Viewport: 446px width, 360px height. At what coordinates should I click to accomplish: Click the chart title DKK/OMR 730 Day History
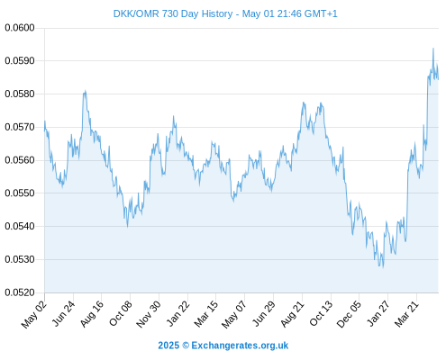pyautogui.click(x=173, y=13)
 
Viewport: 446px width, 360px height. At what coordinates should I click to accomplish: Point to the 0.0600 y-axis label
pyautogui.click(x=20, y=28)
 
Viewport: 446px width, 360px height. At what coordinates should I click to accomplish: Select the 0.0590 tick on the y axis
pyautogui.click(x=20, y=61)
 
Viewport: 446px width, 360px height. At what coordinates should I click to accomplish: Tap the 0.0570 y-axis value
pyautogui.click(x=20, y=127)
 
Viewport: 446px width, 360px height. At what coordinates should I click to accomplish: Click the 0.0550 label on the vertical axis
pyautogui.click(x=20, y=193)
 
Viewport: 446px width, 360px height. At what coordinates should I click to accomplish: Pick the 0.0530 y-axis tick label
pyautogui.click(x=20, y=259)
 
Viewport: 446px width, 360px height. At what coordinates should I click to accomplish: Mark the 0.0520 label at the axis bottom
pyautogui.click(x=20, y=292)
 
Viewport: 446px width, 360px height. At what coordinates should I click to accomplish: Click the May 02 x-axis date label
pyautogui.click(x=34, y=314)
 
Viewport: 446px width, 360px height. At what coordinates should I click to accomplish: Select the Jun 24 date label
pyautogui.click(x=63, y=313)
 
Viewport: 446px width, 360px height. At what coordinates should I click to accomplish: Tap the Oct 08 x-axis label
pyautogui.click(x=121, y=313)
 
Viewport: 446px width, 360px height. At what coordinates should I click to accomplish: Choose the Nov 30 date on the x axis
pyautogui.click(x=149, y=314)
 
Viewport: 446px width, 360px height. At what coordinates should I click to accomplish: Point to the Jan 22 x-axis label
pyautogui.click(x=178, y=313)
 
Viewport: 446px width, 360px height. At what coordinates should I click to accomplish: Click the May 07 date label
pyautogui.click(x=234, y=314)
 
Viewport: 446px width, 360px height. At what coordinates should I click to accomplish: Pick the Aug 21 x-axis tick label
pyautogui.click(x=292, y=314)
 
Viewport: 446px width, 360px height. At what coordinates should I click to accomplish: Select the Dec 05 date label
pyautogui.click(x=349, y=314)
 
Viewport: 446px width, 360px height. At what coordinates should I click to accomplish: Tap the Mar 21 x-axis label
pyautogui.click(x=406, y=314)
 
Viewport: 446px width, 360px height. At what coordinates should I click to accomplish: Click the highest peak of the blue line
pyautogui.click(x=433, y=49)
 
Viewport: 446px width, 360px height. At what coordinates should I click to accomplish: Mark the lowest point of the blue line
pyautogui.click(x=383, y=267)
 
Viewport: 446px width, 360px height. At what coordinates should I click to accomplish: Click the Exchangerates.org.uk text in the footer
pyautogui.click(x=240, y=346)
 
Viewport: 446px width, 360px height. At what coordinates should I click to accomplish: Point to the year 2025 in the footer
pyautogui.click(x=168, y=346)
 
